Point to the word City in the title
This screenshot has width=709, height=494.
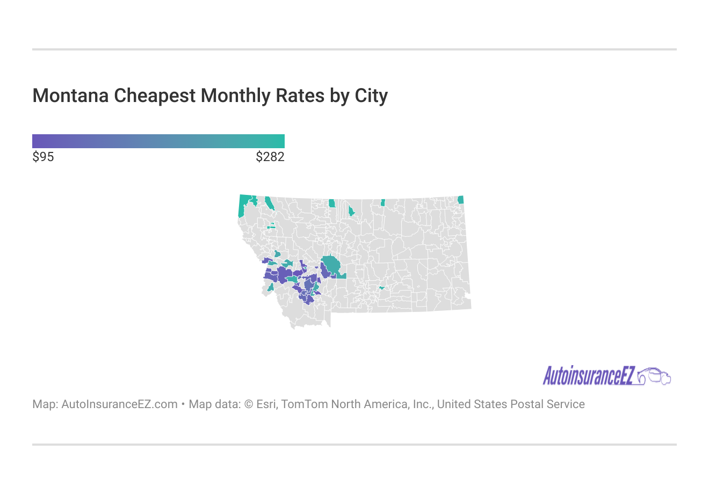pyautogui.click(x=371, y=96)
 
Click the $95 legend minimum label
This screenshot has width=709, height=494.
pyautogui.click(x=44, y=157)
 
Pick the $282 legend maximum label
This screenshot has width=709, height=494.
pyautogui.click(x=270, y=157)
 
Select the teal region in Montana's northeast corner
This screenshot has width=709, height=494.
pyautogui.click(x=460, y=200)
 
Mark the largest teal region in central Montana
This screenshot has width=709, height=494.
pyautogui.click(x=331, y=265)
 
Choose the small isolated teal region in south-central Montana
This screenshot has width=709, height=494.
pyautogui.click(x=381, y=288)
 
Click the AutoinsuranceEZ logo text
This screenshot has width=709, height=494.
pyautogui.click(x=589, y=376)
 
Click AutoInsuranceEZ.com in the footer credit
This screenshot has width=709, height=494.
pyautogui.click(x=119, y=404)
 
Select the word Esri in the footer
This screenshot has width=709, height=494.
pyautogui.click(x=266, y=404)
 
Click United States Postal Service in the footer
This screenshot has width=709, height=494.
pyautogui.click(x=510, y=404)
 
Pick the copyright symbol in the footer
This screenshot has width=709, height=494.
pyautogui.click(x=249, y=404)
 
